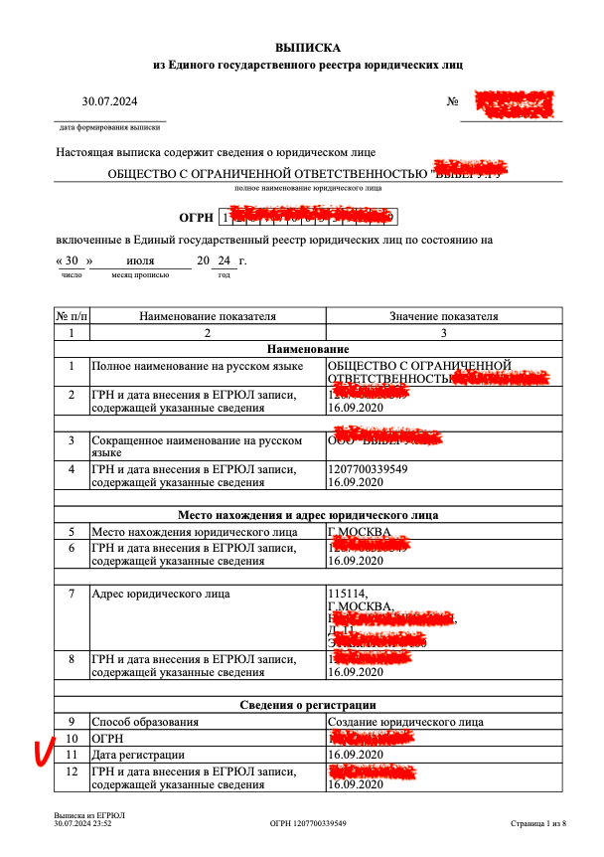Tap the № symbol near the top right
452,102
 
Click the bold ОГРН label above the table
196,217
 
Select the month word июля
139,260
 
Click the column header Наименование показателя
208,316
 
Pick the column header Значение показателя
444,316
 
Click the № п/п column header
71,316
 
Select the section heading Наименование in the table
308,350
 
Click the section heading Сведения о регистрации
308,705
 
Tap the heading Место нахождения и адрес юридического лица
308,515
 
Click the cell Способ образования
146,721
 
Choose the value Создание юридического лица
405,721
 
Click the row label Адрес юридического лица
160,595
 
